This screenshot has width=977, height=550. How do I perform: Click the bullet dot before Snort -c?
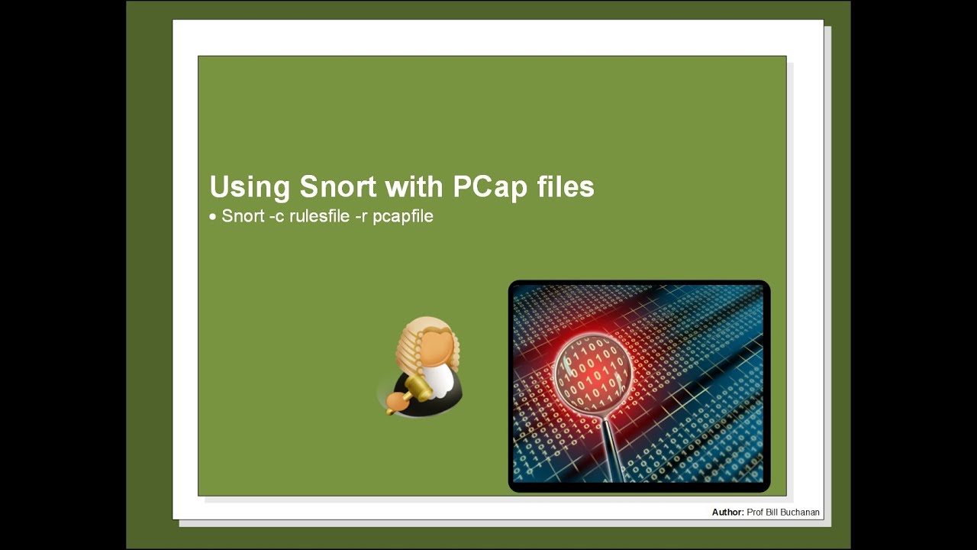pyautogui.click(x=213, y=217)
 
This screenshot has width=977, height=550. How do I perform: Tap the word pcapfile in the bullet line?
pyautogui.click(x=403, y=217)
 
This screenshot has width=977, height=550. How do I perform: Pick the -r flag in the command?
pyautogui.click(x=361, y=217)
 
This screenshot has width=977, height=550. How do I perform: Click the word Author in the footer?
pyautogui.click(x=727, y=512)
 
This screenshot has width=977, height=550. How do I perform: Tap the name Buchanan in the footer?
pyautogui.click(x=800, y=512)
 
